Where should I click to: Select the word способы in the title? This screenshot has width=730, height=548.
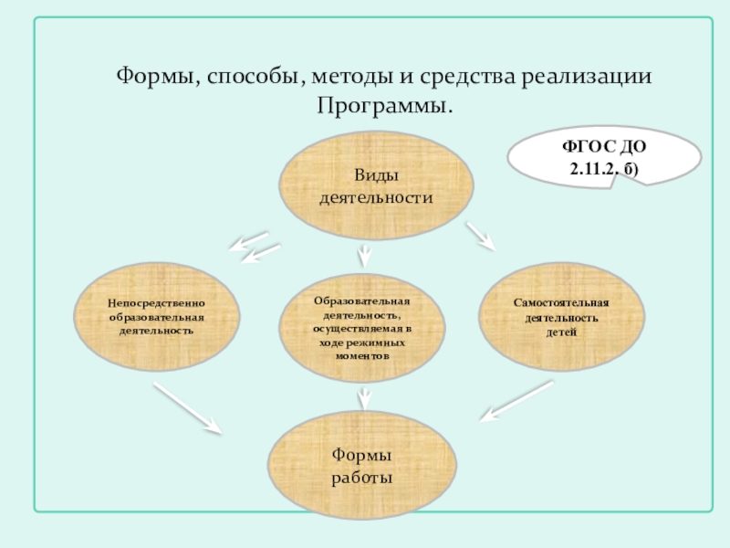(x=241, y=76)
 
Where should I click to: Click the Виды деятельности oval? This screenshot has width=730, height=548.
(x=376, y=186)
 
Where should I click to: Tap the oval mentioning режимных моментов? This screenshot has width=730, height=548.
(x=363, y=327)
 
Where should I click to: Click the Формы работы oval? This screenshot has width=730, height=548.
(x=362, y=466)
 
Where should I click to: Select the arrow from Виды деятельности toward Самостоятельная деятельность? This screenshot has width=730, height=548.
(x=480, y=236)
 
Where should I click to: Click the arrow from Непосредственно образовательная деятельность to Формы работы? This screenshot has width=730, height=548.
(x=188, y=407)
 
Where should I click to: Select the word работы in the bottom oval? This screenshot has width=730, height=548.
(x=362, y=478)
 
